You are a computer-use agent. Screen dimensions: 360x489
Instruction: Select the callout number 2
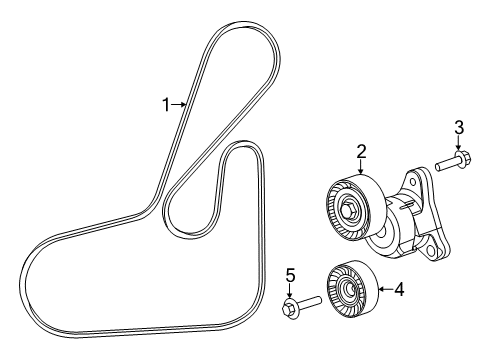(361, 153)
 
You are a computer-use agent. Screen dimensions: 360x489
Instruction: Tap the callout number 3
(459, 126)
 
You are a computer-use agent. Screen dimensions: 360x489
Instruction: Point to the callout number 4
(398, 290)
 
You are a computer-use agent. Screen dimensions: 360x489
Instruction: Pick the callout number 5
(290, 274)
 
